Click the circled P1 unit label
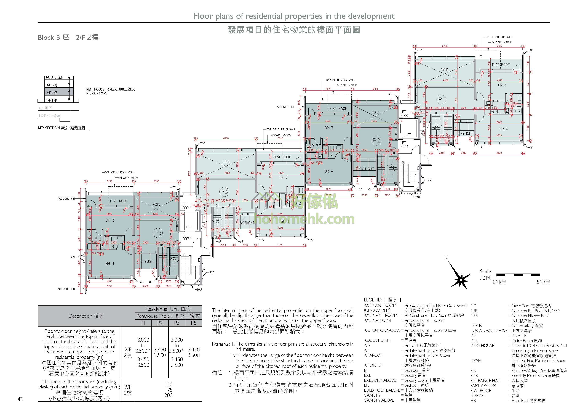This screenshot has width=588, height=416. [441, 99]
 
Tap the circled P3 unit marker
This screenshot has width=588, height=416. [224, 192]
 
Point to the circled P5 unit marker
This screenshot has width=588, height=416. [157, 233]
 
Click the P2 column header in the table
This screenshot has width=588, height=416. [160, 323]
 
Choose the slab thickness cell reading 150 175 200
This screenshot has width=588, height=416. [168, 390]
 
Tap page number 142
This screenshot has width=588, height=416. [19, 399]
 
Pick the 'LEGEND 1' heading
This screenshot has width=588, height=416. [382, 300]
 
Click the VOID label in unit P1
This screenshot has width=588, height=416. [445, 70]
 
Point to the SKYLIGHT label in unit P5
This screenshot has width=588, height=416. [148, 261]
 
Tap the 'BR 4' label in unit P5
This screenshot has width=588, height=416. [110, 264]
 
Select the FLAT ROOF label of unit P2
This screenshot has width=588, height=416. [338, 109]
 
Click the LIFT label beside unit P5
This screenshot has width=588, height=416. [189, 227]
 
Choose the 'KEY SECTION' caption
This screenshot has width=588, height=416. [61, 128]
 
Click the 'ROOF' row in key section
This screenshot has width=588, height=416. [54, 77]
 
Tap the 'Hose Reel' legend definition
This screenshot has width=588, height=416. [528, 400]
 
